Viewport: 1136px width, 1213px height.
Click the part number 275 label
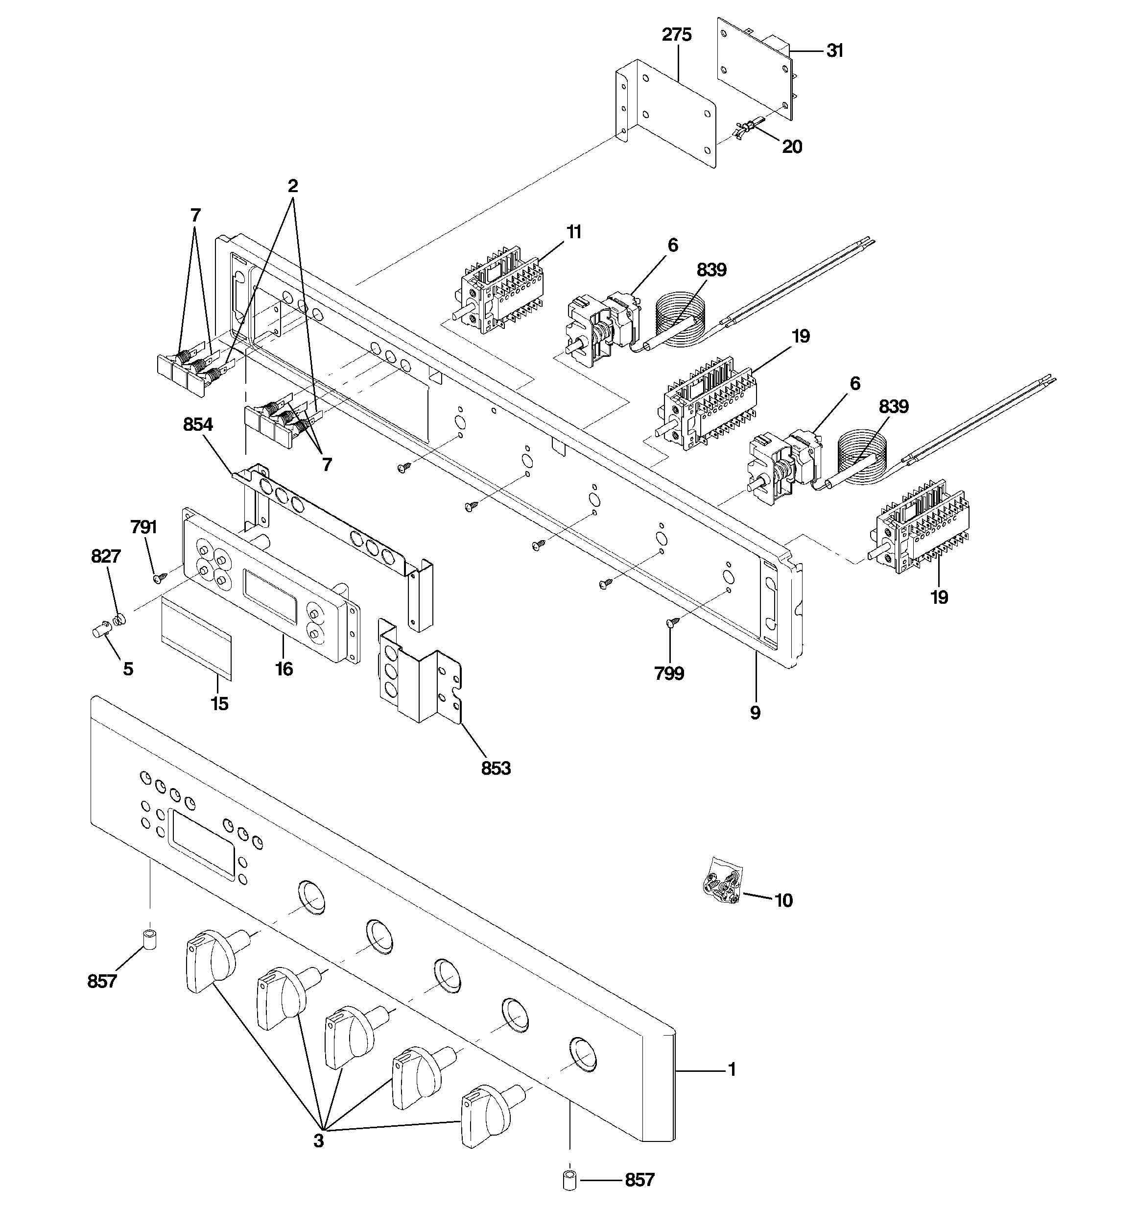[677, 35]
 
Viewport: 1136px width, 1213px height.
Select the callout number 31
[834, 51]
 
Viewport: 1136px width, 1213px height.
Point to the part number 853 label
[496, 768]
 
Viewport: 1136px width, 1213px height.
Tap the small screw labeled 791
[160, 575]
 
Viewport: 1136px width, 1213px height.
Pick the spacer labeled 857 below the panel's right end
[569, 1180]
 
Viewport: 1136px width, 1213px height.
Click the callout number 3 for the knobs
[318, 1140]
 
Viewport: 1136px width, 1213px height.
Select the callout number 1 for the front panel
[732, 1069]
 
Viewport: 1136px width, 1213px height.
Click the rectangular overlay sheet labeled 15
[196, 637]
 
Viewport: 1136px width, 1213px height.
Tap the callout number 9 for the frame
[755, 712]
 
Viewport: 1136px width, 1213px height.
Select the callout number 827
[105, 556]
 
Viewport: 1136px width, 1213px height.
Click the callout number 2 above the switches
[293, 186]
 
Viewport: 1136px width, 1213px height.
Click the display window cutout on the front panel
[201, 844]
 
